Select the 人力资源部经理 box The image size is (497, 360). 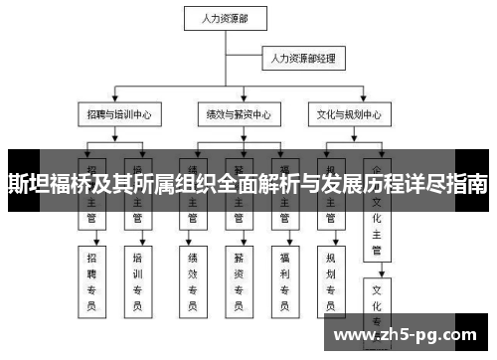(302, 60)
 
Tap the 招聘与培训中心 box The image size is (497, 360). (116, 114)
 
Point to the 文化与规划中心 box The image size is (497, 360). (347, 114)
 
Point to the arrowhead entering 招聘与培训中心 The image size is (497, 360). (116, 101)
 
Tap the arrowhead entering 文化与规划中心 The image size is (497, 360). (347, 101)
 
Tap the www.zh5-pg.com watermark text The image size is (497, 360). (409, 335)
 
